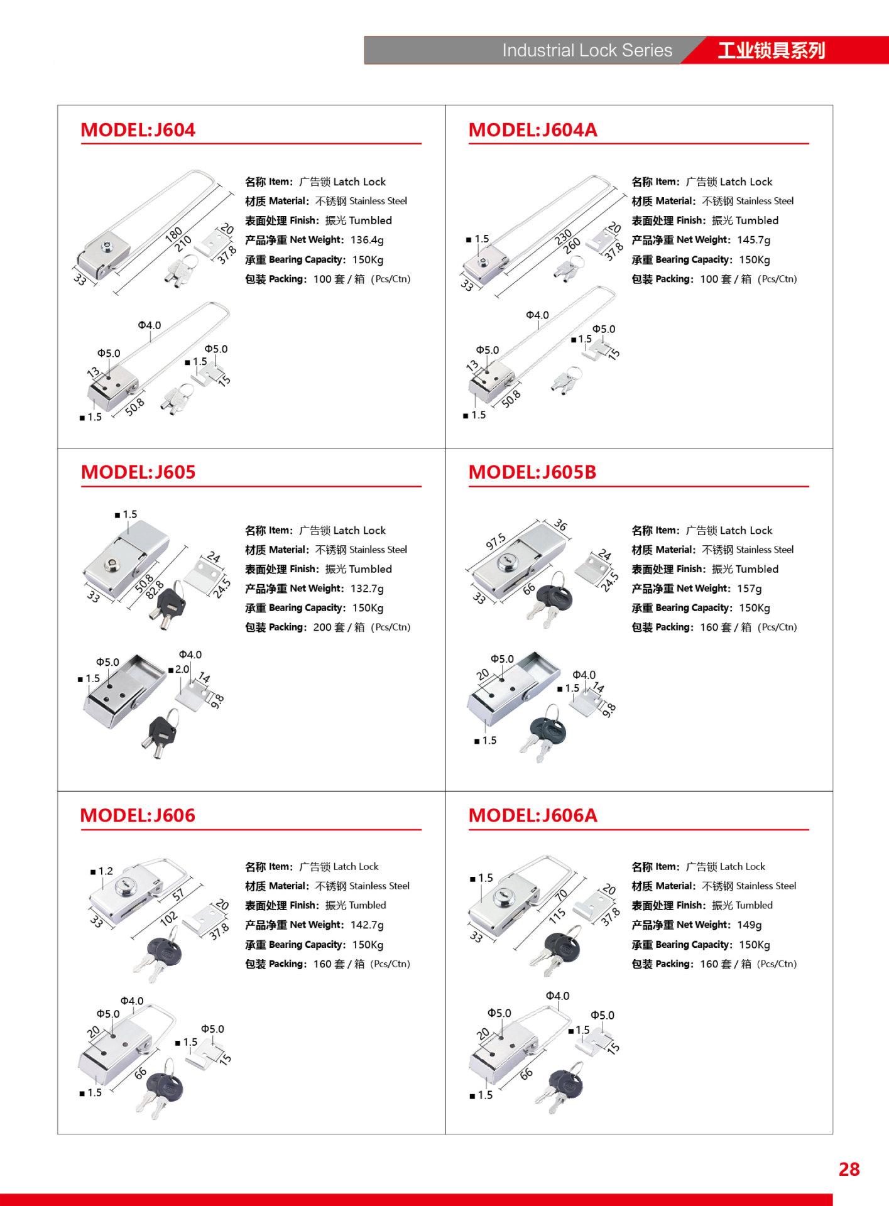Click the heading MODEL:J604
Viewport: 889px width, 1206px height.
(138, 130)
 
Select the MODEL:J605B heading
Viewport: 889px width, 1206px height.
(532, 472)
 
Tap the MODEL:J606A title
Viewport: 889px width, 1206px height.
(533, 815)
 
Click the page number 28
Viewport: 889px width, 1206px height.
(849, 1169)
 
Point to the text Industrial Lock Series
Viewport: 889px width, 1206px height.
(587, 51)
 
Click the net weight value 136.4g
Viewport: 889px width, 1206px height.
(367, 240)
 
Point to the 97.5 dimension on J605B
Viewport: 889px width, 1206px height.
(496, 541)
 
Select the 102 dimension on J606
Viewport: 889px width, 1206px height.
(168, 918)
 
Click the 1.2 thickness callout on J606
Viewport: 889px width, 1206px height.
(106, 871)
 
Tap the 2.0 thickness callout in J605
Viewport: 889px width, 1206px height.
(182, 670)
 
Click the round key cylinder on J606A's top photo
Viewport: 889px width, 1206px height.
(505, 895)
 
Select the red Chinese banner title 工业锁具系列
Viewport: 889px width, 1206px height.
(771, 51)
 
